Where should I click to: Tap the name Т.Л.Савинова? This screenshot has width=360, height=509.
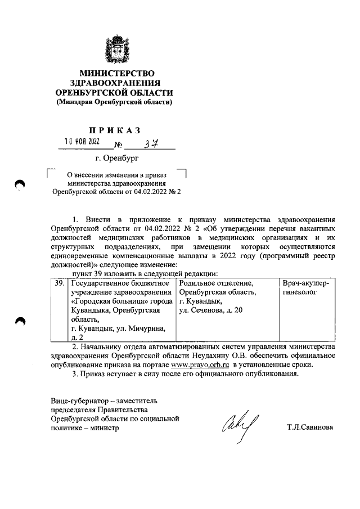click(309, 427)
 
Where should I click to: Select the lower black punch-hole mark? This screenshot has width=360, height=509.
click(21, 321)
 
